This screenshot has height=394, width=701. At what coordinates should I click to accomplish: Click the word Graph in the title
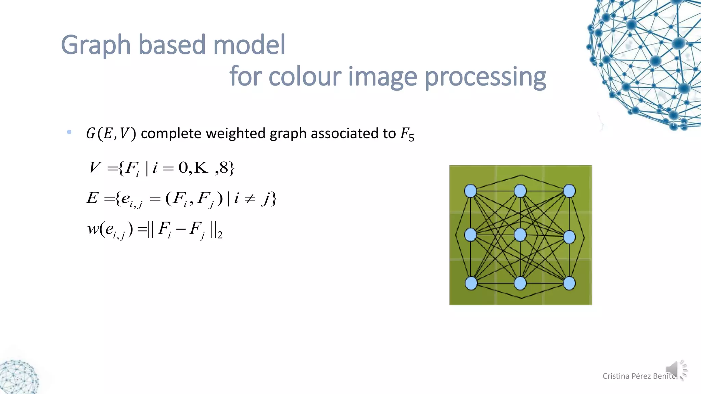[x=96, y=45]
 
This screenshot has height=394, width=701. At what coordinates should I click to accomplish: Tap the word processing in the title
[x=485, y=77]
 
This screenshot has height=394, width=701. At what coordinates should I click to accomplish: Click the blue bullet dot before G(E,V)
[x=69, y=132]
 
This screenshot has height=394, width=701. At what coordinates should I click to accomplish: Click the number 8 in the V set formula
[x=224, y=168]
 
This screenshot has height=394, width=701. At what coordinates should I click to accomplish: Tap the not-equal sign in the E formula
[x=250, y=198]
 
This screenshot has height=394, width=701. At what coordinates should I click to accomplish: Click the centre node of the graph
[x=520, y=235]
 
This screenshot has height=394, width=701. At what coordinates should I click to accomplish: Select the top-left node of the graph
[x=470, y=191]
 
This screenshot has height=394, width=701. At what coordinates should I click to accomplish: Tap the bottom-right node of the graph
[x=569, y=283]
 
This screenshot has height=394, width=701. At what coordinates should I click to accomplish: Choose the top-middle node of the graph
[x=520, y=191]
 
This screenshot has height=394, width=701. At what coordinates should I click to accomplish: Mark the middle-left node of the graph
[x=470, y=235]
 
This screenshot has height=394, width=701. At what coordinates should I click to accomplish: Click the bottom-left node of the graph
[x=471, y=283]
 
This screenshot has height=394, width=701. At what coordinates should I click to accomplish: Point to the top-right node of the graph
[x=569, y=191]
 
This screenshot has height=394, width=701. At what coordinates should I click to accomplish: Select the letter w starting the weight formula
[x=93, y=229]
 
